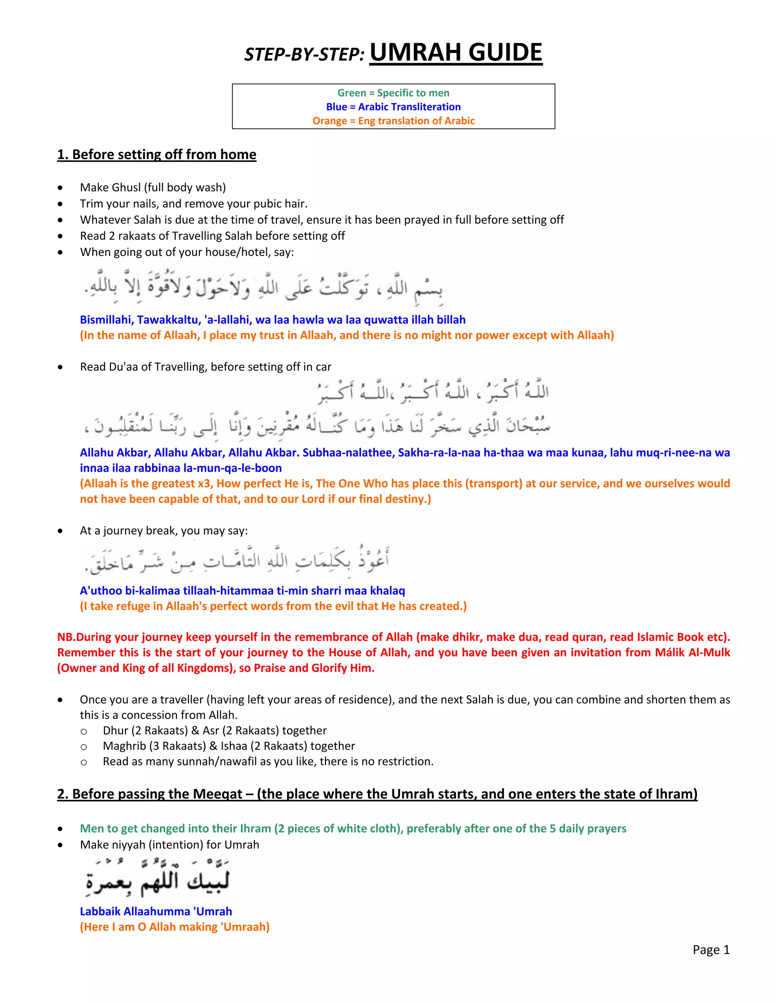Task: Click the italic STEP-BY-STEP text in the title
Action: [304, 55]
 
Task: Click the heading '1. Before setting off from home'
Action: [156, 154]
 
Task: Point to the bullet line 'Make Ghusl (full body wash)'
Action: [153, 187]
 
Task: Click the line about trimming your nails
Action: [193, 204]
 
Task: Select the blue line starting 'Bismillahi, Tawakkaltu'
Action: [272, 320]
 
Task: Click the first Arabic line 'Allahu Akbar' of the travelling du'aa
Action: [432, 392]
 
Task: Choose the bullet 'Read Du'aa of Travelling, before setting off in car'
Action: [205, 366]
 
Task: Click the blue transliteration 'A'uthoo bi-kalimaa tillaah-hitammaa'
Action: [242, 590]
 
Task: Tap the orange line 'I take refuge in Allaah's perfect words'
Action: [273, 606]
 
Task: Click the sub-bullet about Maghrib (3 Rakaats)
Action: [228, 746]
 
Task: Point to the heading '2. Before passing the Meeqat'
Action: [377, 794]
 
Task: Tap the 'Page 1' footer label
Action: [711, 950]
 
